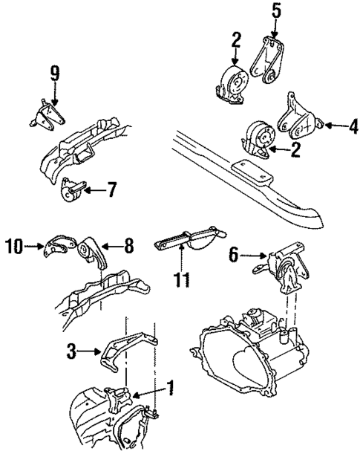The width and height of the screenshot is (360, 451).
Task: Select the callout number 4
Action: click(353, 127)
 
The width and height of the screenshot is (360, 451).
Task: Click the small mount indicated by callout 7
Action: click(73, 192)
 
